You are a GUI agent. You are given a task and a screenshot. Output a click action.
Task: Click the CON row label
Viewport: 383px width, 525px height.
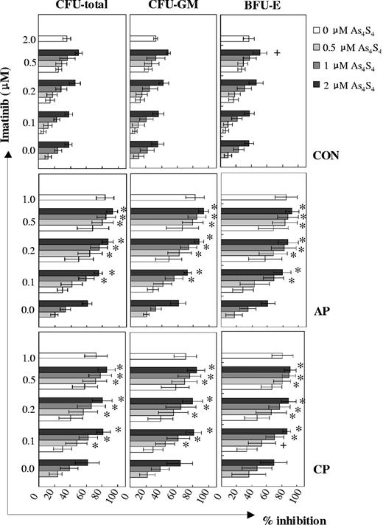(x=323, y=156)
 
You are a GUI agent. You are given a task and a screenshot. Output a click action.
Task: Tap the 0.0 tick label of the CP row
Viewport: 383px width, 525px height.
(x=28, y=468)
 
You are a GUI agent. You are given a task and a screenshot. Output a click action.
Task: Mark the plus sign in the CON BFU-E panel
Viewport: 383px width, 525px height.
(x=276, y=53)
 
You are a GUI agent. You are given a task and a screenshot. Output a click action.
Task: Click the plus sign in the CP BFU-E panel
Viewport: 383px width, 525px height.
(x=282, y=445)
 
